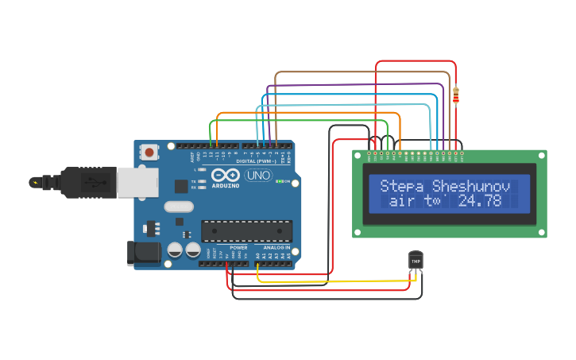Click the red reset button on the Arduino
(x=149, y=152)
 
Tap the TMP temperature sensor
(x=416, y=261)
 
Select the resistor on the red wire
(x=455, y=95)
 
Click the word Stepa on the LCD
(x=403, y=186)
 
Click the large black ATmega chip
(x=246, y=231)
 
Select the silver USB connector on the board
(x=137, y=182)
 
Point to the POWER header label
(x=238, y=247)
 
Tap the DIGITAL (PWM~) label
(x=257, y=161)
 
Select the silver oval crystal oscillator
(x=179, y=207)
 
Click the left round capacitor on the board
(x=175, y=250)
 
